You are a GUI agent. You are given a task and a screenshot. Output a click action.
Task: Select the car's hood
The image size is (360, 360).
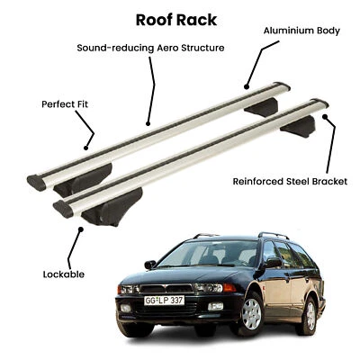(x=180, y=273)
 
